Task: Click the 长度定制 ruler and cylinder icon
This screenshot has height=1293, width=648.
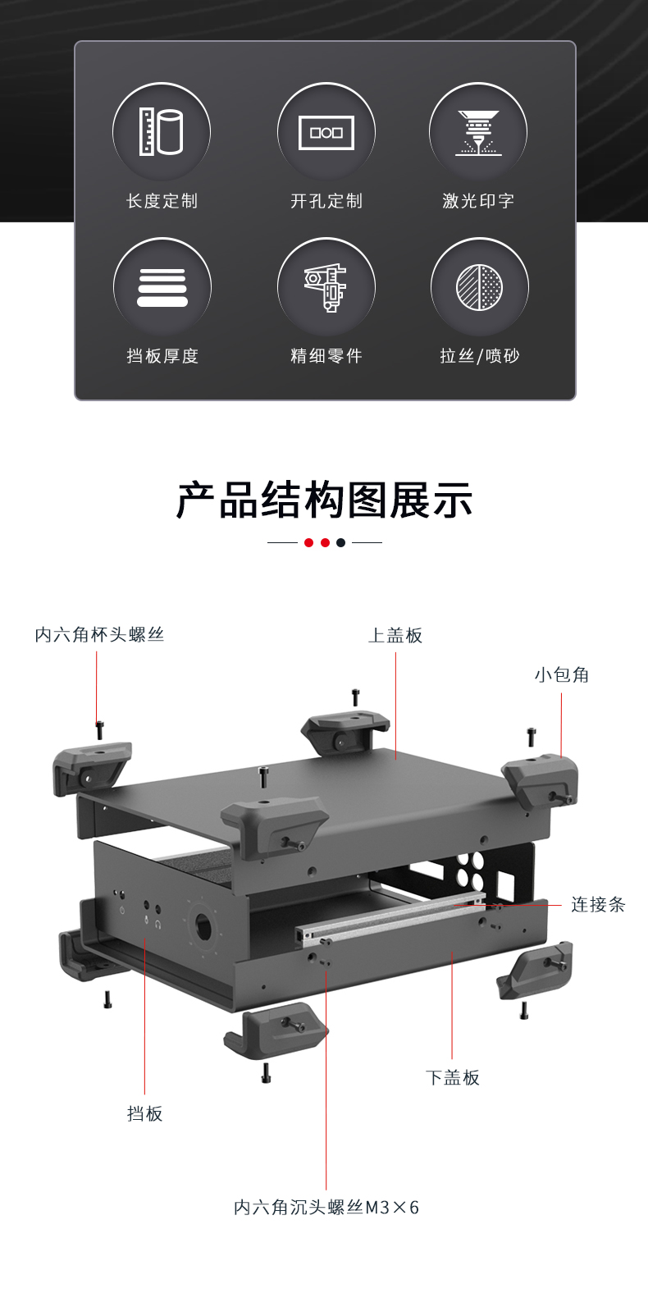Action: pyautogui.click(x=162, y=131)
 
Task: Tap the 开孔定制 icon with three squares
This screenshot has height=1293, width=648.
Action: pyautogui.click(x=326, y=132)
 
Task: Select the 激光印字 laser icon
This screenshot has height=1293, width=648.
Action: pyautogui.click(x=478, y=132)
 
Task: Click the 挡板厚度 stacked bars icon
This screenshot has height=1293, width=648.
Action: pyautogui.click(x=162, y=288)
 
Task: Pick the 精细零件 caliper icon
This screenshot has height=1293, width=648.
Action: pyautogui.click(x=326, y=287)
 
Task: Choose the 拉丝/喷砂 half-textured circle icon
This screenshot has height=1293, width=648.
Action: pyautogui.click(x=480, y=287)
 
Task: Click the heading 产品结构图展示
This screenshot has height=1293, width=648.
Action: pyautogui.click(x=324, y=500)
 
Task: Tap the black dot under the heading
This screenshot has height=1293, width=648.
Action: pyautogui.click(x=341, y=542)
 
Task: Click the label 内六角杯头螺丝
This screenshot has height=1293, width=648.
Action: pyautogui.click(x=99, y=634)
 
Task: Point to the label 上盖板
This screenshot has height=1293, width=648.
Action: pyautogui.click(x=395, y=635)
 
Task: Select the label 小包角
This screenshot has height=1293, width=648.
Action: pyautogui.click(x=562, y=674)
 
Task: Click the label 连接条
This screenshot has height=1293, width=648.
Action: pyautogui.click(x=598, y=904)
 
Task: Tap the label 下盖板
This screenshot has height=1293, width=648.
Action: pyautogui.click(x=453, y=1077)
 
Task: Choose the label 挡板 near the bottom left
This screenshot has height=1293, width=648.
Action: pyautogui.click(x=145, y=1113)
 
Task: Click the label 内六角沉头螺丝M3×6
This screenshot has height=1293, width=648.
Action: pyautogui.click(x=326, y=1207)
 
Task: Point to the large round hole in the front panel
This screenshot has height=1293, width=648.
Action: pyautogui.click(x=201, y=928)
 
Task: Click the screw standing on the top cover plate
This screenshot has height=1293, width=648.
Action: pyautogui.click(x=263, y=776)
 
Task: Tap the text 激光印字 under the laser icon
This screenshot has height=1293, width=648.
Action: pyautogui.click(x=478, y=200)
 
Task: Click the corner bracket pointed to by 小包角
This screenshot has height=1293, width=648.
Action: pyautogui.click(x=541, y=779)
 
